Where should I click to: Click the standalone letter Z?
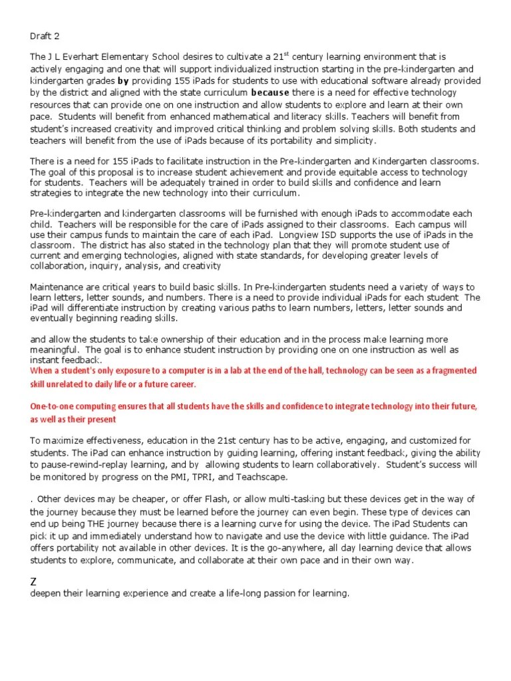coord(34,583)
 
